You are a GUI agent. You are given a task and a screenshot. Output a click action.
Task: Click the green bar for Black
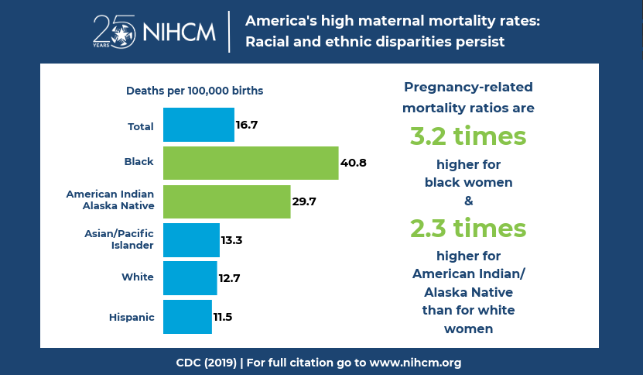251,163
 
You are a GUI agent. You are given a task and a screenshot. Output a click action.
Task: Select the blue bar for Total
199,125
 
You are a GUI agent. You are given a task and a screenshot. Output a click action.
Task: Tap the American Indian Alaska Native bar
227,201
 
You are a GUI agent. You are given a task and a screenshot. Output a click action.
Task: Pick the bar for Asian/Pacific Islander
191,239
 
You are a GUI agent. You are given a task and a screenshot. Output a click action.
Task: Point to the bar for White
190,277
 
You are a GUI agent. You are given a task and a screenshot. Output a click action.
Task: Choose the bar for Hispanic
187,316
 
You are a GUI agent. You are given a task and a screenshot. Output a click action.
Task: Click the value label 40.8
353,163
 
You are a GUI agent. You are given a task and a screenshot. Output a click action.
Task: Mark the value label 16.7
247,125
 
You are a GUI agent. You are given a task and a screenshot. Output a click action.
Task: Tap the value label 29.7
304,201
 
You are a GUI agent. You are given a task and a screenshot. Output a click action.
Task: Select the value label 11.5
223,316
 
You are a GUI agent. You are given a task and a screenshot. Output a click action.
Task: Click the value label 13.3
232,240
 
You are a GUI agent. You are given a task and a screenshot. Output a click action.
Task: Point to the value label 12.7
230,277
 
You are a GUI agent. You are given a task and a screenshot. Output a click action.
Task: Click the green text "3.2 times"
468,136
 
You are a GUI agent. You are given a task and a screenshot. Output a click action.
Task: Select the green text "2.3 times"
468,229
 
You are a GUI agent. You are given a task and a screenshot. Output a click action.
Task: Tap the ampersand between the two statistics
468,201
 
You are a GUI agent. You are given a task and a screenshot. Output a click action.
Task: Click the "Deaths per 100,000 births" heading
194,91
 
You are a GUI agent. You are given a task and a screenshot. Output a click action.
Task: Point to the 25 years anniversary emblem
114,31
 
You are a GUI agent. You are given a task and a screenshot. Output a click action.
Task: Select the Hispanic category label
132,316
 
